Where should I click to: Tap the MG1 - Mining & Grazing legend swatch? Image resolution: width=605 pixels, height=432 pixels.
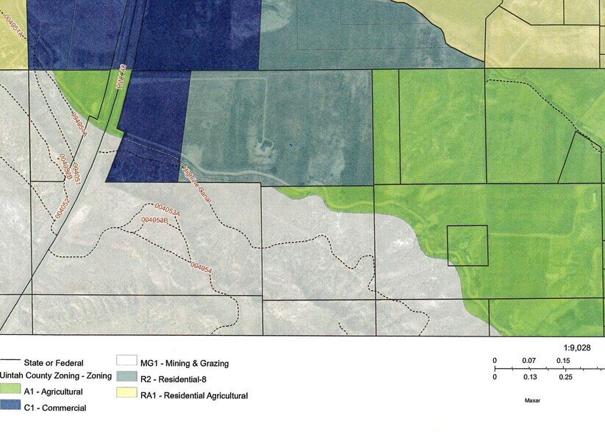[126, 363]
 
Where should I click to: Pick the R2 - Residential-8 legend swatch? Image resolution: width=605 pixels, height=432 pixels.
[126, 379]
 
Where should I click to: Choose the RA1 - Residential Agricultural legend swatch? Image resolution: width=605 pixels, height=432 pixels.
[126, 395]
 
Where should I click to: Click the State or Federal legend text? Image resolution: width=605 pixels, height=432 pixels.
[54, 363]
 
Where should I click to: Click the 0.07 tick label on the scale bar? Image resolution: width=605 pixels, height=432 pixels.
[527, 361]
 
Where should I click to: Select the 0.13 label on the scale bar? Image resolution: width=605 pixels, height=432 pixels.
[527, 377]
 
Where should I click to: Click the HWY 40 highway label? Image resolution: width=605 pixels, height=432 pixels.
[121, 79]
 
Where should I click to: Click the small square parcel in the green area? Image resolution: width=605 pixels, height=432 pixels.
[468, 245]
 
